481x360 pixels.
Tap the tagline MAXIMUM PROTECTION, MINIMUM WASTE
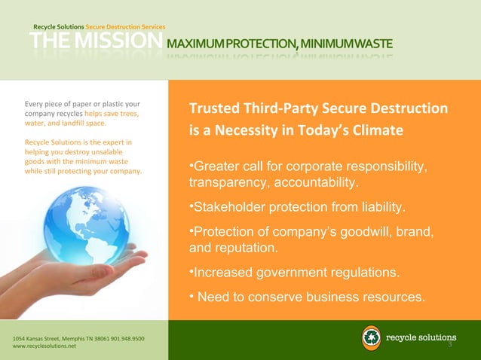click(280, 44)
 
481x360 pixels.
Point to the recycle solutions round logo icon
click(371, 338)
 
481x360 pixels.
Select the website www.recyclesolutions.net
click(44, 347)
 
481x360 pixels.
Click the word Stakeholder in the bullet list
click(231, 206)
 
